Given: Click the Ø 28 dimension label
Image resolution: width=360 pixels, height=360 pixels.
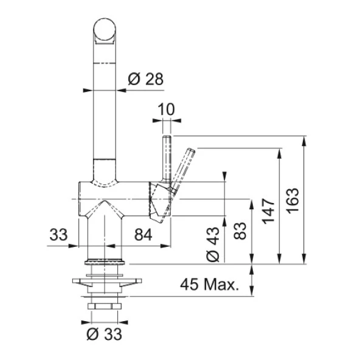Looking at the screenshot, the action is (145, 79).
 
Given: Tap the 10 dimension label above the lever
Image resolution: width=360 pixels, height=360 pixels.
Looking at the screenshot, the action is (167, 109).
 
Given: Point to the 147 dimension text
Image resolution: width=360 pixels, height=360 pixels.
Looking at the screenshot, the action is (268, 211).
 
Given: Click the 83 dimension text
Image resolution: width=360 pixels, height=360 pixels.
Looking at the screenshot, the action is (240, 230).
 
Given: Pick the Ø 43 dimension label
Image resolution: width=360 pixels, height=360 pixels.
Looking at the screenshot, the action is (213, 244).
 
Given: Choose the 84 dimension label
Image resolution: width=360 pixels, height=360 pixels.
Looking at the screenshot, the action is (143, 235).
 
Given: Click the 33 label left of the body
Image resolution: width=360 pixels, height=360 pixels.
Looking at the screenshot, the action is (58, 235).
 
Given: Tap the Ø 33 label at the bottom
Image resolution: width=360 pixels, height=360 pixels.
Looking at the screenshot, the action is (104, 334).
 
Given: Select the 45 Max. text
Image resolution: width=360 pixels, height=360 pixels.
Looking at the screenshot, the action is (210, 285).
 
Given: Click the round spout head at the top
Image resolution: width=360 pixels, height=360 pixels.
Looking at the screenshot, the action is (105, 30).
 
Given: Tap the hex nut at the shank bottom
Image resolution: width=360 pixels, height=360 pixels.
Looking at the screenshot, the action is (104, 306).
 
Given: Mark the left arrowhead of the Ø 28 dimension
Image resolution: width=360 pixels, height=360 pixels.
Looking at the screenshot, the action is (88, 90).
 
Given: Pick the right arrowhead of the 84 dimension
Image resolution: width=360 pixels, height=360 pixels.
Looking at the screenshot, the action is (166, 246).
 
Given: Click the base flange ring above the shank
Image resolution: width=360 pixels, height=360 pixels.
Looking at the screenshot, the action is (105, 261).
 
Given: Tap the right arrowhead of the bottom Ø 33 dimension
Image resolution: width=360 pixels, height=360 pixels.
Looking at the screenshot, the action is (123, 322).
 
